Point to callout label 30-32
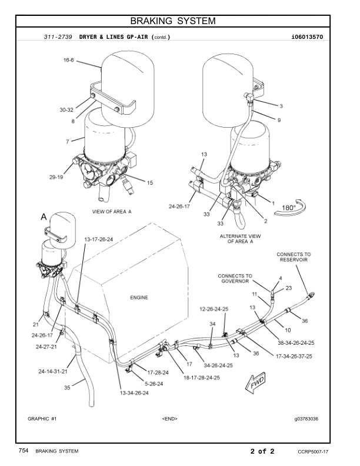[66, 110]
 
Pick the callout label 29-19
[56, 176]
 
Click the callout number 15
[149, 183]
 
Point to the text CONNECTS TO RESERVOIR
[294, 258]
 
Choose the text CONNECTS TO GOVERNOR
[235, 278]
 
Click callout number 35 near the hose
[67, 388]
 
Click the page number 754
[24, 451]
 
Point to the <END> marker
[169, 419]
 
